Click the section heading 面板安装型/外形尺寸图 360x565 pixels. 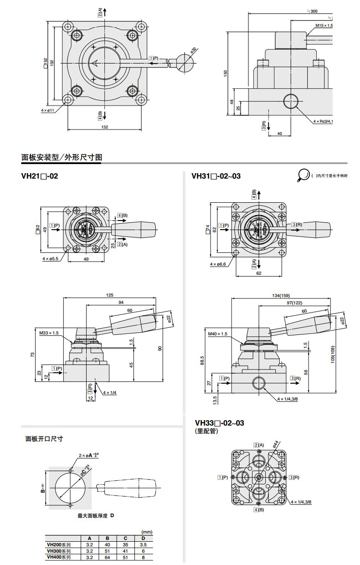pos(62,158)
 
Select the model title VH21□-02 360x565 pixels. pos(40,176)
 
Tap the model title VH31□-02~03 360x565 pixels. pos(216,176)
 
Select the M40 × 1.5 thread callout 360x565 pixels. pos(218,334)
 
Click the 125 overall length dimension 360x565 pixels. pos(109,295)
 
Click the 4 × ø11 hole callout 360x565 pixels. pos(47,110)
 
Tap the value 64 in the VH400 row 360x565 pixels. pos(107,556)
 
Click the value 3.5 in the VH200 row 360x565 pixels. pos(143,544)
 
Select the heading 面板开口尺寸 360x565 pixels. pos(44,439)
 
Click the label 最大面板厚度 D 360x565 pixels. pos(95,515)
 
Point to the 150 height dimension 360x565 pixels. pos(225,73)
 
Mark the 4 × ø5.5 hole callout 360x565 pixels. pos(51,259)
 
